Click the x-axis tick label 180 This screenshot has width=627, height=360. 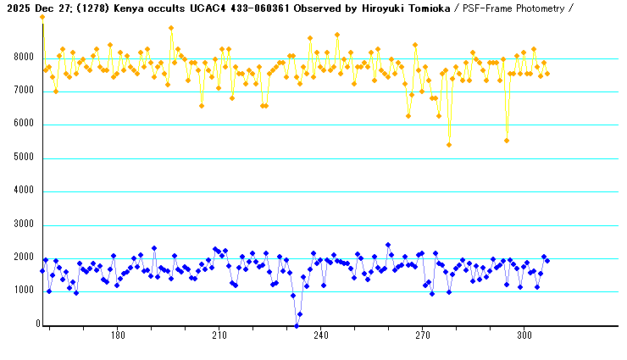[x=117, y=335]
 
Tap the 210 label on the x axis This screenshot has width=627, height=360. [x=219, y=335]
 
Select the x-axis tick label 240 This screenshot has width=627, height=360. [x=320, y=335]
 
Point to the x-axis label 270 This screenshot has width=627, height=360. [x=422, y=335]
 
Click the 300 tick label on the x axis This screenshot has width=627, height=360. [x=524, y=335]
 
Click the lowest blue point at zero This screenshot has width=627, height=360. [x=297, y=324]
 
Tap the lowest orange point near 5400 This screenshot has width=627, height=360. [x=449, y=145]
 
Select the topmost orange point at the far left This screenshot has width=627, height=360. [x=42, y=17]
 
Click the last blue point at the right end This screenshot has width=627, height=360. [x=547, y=261]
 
